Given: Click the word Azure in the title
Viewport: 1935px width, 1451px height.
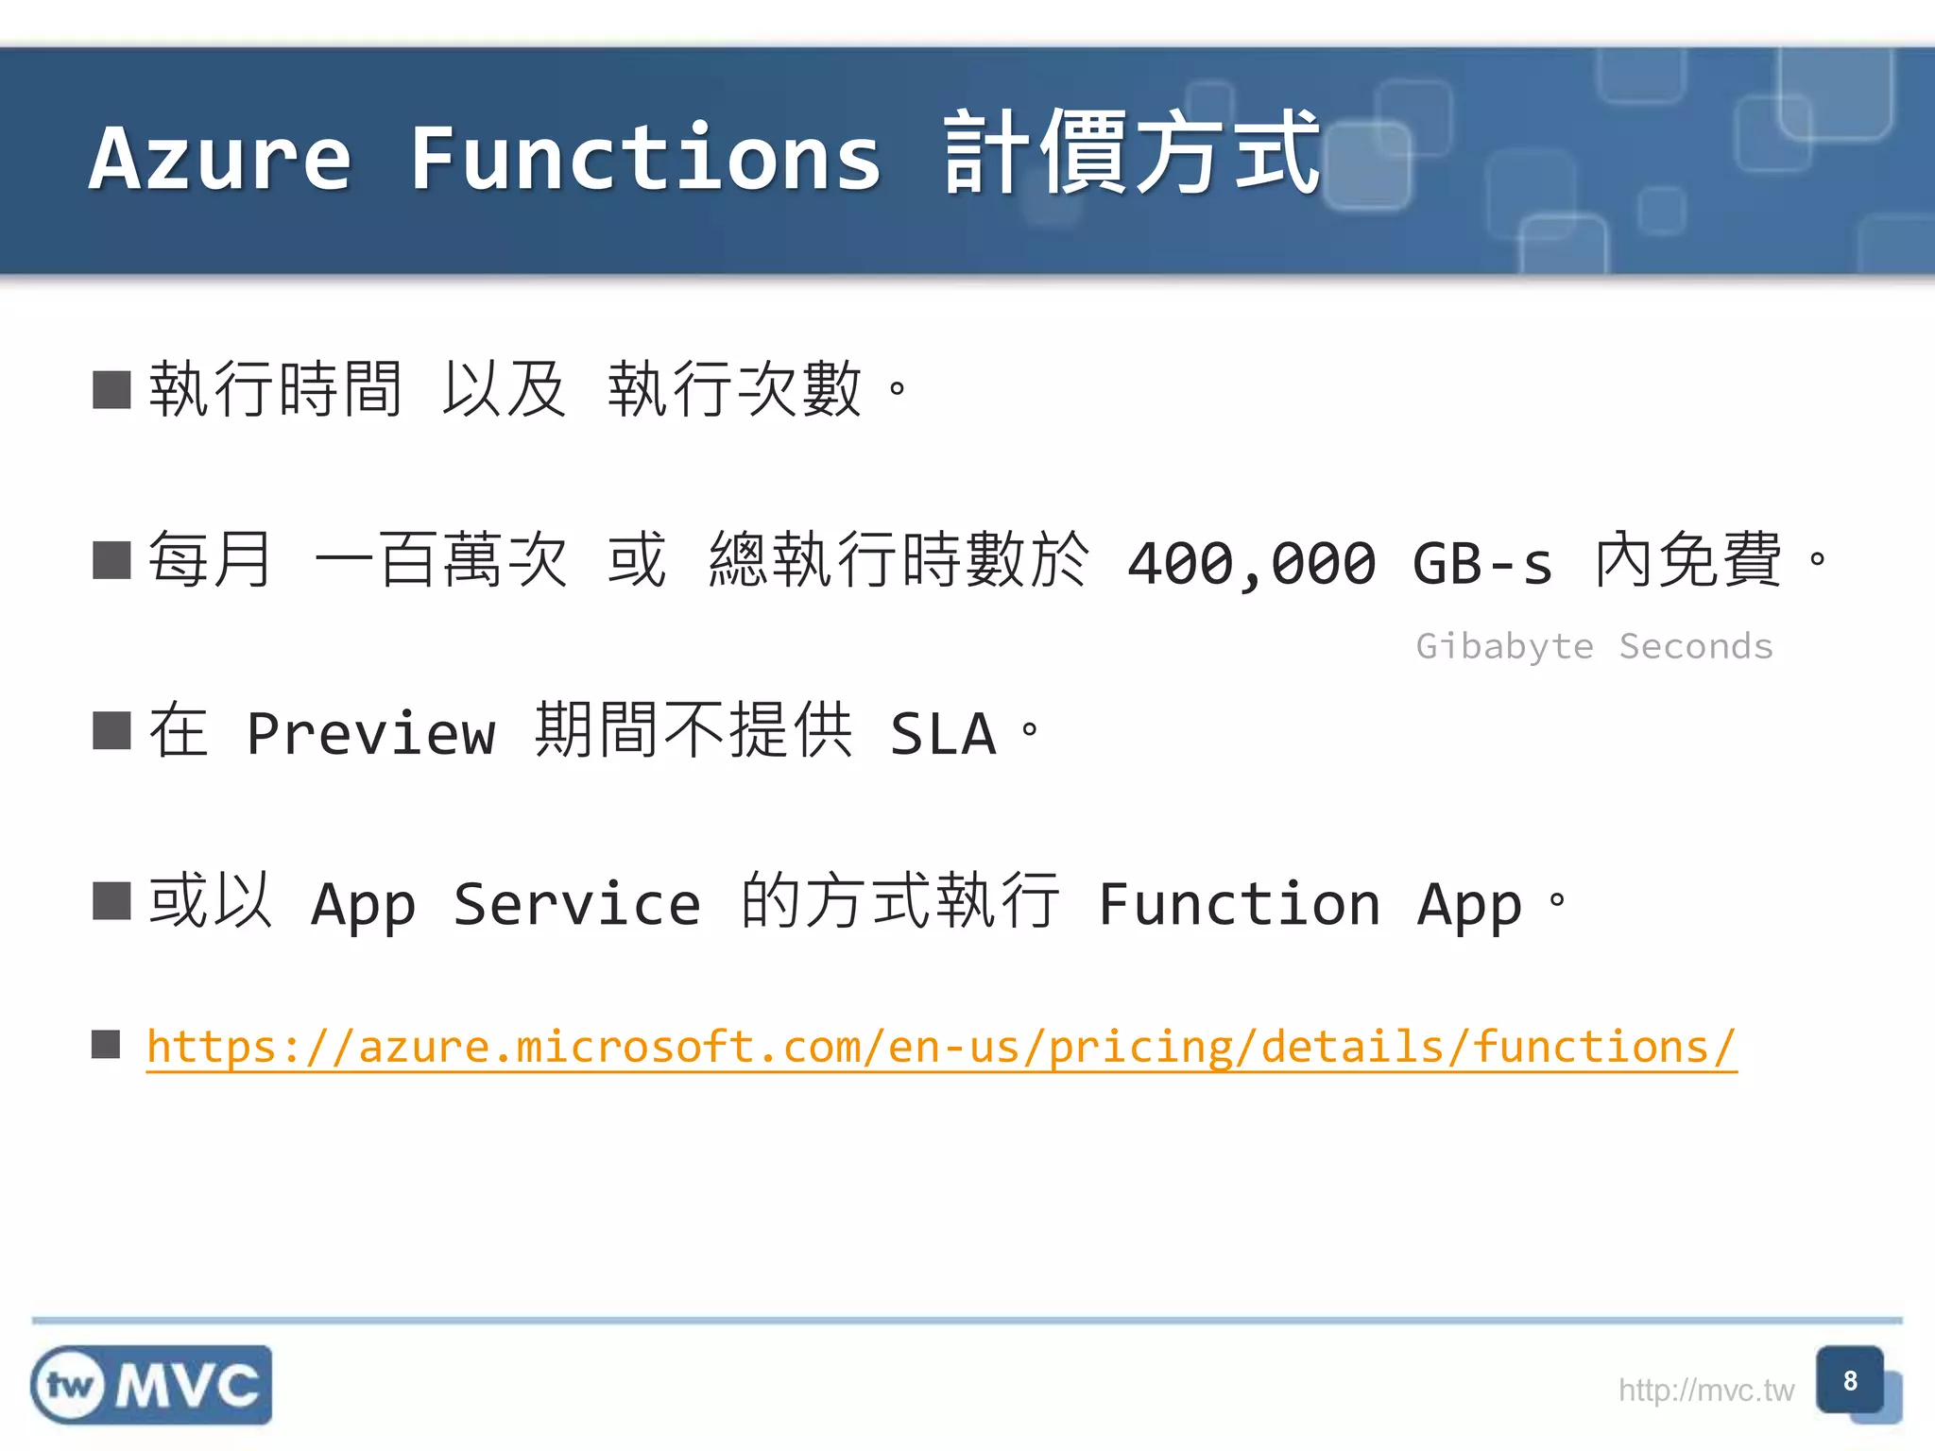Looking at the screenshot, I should tap(220, 158).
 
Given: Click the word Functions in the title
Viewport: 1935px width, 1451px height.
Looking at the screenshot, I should tap(645, 158).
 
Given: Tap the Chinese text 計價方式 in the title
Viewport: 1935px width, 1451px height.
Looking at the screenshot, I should tap(1132, 153).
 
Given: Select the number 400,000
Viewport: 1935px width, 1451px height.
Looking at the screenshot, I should tap(1253, 564).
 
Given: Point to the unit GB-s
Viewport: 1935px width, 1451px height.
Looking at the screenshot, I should tap(1482, 564).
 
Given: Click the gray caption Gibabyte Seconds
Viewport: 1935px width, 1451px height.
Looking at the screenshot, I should tap(1594, 646).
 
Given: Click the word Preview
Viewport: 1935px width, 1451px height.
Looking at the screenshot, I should tap(370, 733).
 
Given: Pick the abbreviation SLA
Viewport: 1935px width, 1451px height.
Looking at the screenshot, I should tap(943, 733).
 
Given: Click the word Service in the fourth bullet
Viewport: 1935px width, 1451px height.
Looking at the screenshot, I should tap(576, 904).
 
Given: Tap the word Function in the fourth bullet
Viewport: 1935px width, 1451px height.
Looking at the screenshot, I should tap(1240, 904).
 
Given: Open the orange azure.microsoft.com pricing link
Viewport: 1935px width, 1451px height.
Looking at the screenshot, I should tap(941, 1047).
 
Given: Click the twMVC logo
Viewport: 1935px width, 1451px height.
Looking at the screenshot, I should tap(151, 1385).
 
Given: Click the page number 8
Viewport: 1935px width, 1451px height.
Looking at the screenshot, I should tap(1850, 1381).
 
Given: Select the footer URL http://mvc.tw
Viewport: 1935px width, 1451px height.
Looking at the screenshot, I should tap(1705, 1391).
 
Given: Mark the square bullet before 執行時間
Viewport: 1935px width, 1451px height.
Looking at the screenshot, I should tap(111, 389).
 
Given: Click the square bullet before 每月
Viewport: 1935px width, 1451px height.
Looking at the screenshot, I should tap(111, 560).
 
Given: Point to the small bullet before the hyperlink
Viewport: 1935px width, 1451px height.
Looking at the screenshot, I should tap(106, 1045).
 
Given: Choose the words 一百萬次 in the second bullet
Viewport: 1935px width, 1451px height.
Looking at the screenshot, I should tap(441, 560).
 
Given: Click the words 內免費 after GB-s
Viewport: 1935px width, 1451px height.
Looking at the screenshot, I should tap(1688, 560).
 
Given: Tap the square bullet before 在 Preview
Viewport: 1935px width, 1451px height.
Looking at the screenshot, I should tap(111, 731).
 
